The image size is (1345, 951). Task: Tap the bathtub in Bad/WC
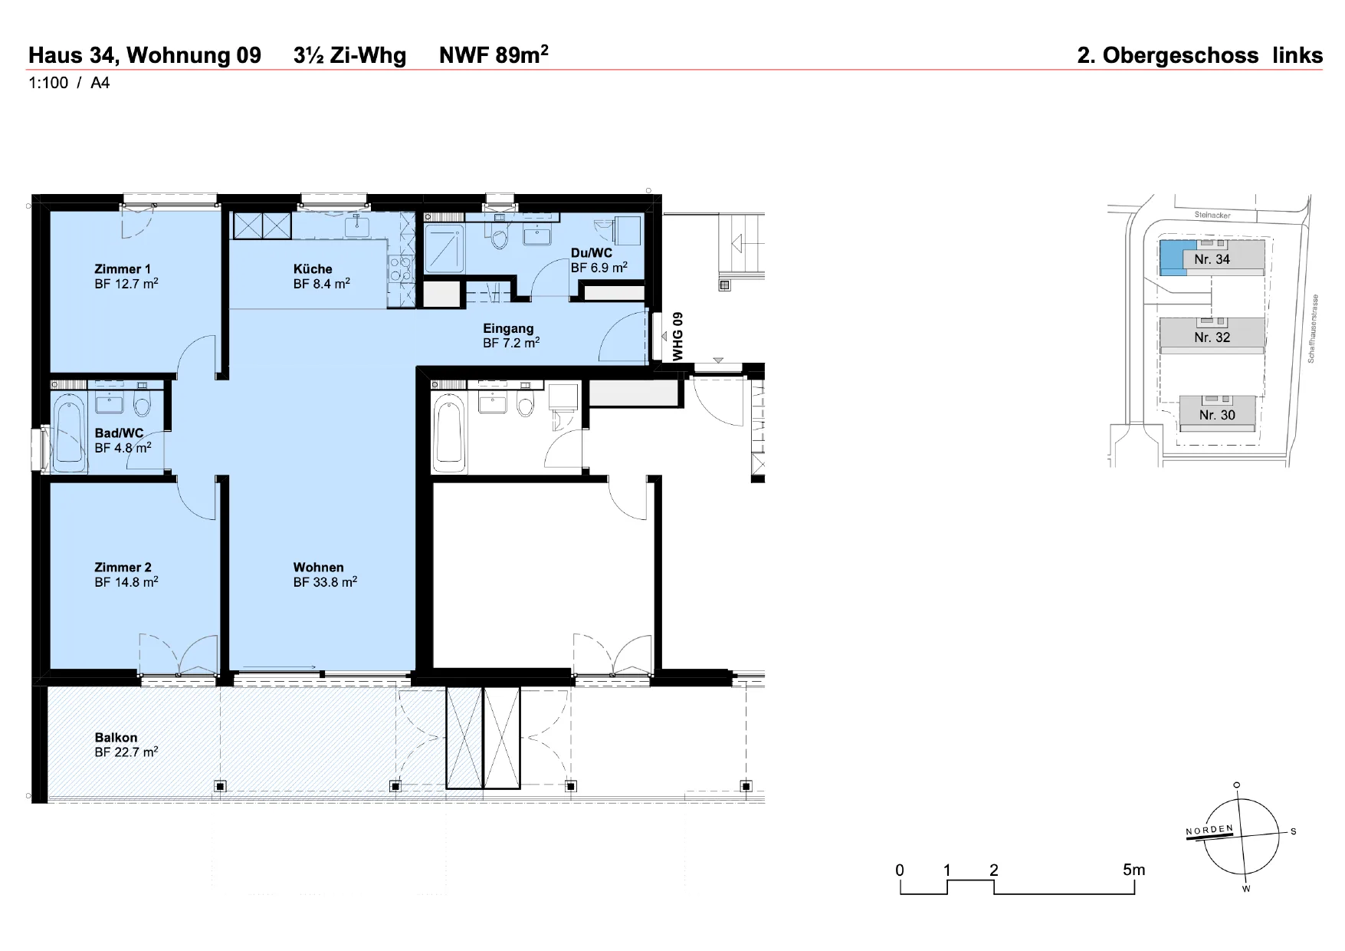click(x=70, y=435)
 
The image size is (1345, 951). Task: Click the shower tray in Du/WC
click(x=445, y=248)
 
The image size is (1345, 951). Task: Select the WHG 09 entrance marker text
click(x=677, y=337)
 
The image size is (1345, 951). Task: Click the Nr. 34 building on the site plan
click(x=1212, y=256)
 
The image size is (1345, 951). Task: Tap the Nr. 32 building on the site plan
click(x=1212, y=335)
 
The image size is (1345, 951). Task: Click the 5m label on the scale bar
click(x=1133, y=870)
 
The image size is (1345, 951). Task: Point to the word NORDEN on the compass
click(x=1209, y=831)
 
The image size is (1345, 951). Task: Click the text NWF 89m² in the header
click(x=494, y=54)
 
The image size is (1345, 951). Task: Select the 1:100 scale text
click(x=48, y=83)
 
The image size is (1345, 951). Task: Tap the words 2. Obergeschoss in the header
click(x=1167, y=56)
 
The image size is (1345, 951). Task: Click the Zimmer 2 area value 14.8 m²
click(x=126, y=582)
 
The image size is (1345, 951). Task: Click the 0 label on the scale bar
click(x=900, y=870)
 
